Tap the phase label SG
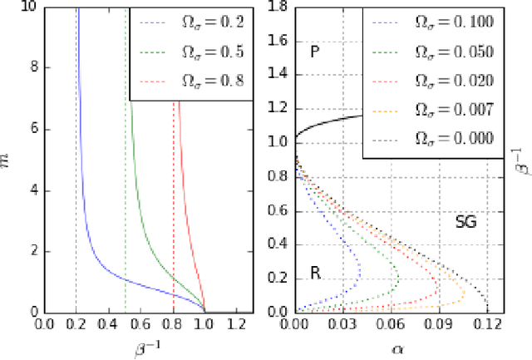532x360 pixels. pyautogui.click(x=466, y=222)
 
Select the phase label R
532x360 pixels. pyautogui.click(x=316, y=272)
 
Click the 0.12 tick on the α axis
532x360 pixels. pyautogui.click(x=487, y=325)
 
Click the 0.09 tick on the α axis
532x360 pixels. pyautogui.click(x=439, y=325)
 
